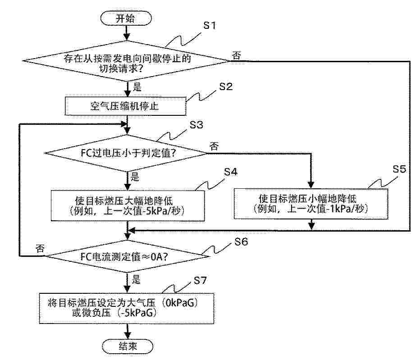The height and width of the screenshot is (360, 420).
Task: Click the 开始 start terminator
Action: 126,18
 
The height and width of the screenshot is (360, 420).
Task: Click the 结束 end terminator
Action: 128,346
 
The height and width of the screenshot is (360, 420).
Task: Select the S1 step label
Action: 210,25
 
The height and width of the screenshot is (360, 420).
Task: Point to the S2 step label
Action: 226,87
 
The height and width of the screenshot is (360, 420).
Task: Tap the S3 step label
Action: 196,125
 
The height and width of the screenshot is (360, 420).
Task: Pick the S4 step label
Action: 231,172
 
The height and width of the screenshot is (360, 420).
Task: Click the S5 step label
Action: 399,169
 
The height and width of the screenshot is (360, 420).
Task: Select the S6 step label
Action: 242,242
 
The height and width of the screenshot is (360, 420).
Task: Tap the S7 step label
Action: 201,280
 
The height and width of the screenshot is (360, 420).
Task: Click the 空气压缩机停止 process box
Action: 125,106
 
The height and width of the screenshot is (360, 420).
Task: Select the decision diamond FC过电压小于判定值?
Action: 126,153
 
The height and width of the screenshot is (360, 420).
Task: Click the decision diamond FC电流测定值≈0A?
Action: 128,256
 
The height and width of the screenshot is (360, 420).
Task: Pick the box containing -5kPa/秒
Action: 128,206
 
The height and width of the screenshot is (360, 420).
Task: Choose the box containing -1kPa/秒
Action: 311,204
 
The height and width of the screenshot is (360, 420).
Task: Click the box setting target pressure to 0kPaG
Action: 127,308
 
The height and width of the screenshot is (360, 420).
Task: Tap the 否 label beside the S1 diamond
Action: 236,56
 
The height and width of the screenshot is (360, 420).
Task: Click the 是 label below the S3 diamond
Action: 135,177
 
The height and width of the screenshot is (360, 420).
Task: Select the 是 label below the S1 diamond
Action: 137,87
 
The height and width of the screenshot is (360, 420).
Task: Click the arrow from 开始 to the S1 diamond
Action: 127,33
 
